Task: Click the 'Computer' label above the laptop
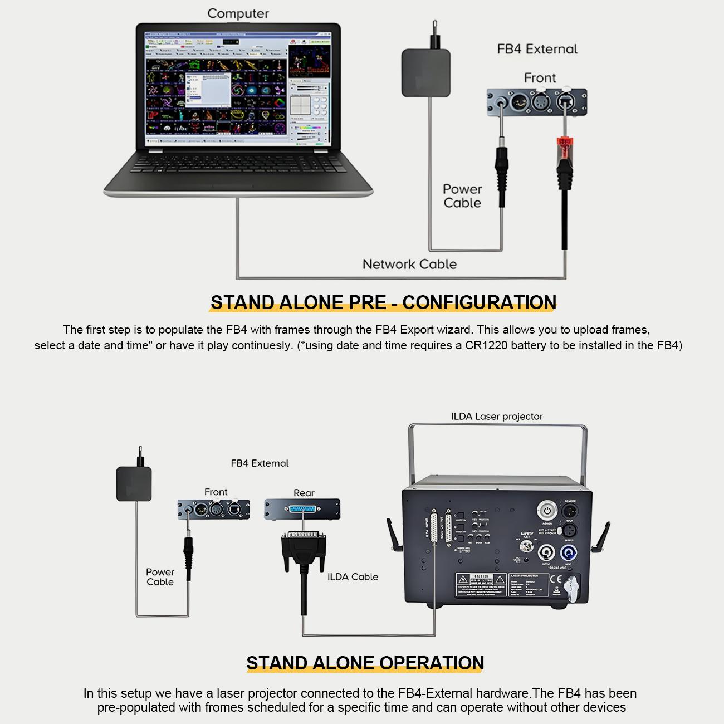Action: coord(238,13)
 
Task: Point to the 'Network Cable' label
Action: coord(409,265)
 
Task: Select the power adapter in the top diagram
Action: coord(426,72)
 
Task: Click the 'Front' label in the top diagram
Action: coord(540,78)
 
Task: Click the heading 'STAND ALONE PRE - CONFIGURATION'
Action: coord(383,302)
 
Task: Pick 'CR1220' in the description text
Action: coord(486,345)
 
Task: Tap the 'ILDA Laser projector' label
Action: coord(497,417)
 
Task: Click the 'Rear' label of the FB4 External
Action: coord(304,493)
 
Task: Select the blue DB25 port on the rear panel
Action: coord(303,509)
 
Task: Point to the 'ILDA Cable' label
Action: coord(353,577)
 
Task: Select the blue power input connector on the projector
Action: coord(569,553)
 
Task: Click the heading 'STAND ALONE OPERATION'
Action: coord(365,663)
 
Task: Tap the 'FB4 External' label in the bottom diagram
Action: coord(260,463)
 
